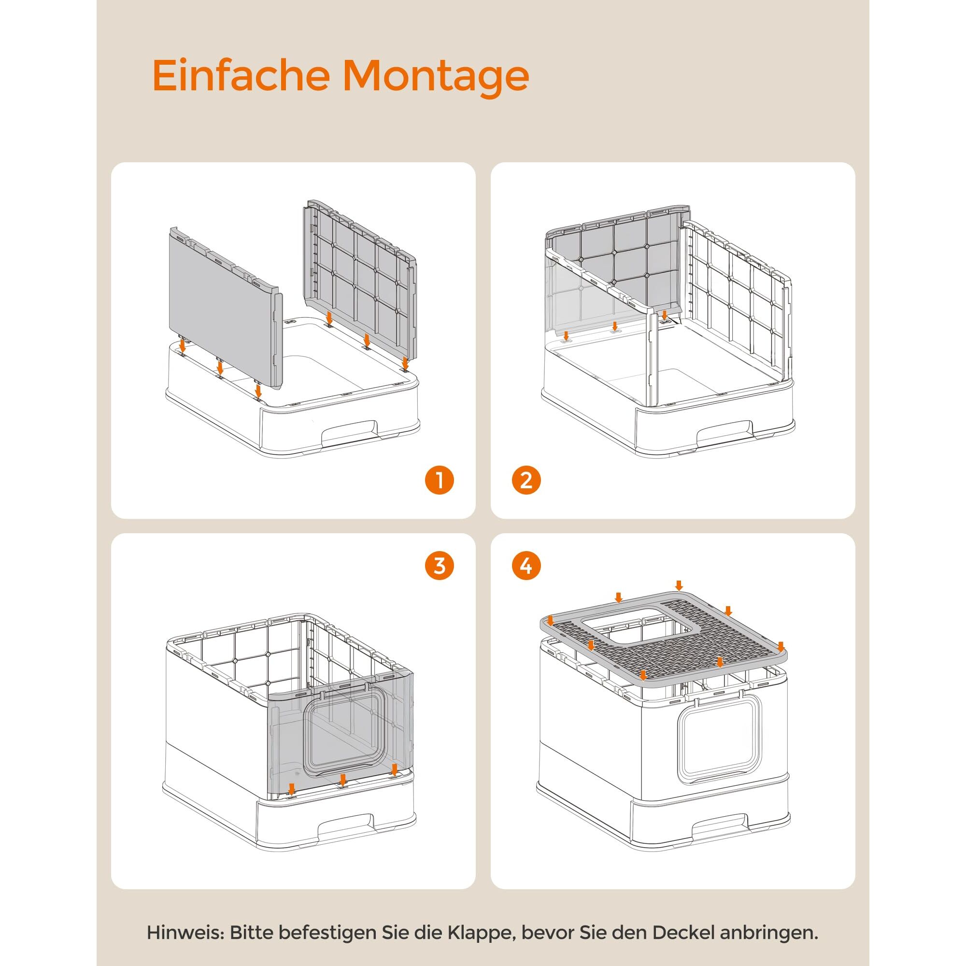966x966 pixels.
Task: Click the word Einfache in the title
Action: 241,75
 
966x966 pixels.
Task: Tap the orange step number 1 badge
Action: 440,481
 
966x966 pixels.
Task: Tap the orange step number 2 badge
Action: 526,481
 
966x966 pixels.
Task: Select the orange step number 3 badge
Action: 440,566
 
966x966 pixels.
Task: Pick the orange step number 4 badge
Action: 526,566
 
